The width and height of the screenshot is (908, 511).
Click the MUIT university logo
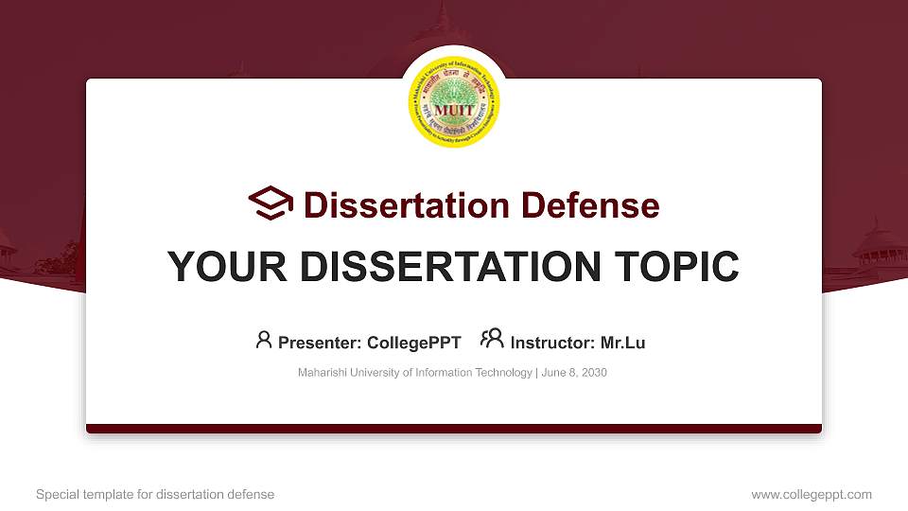454,101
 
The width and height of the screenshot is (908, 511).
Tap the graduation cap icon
271,203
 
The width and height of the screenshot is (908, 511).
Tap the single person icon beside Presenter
264,340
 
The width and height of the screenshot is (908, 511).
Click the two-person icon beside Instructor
492,339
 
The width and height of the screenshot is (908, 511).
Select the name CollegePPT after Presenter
413,343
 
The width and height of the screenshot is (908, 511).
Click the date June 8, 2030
574,373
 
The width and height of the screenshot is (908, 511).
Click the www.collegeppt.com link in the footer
811,494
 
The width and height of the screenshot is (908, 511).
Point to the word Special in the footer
57,494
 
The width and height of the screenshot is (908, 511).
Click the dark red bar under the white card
454,429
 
